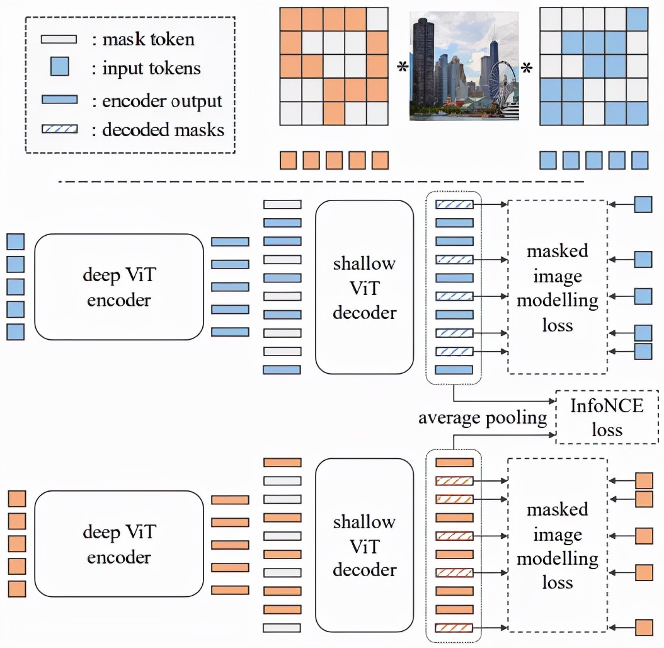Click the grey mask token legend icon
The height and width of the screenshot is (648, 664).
coord(59,40)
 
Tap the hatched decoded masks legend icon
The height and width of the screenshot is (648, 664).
coord(59,129)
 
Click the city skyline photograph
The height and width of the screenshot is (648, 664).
coord(464,66)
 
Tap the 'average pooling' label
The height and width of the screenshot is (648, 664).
coord(483,418)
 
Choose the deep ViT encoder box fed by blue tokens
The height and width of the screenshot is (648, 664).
coord(119,287)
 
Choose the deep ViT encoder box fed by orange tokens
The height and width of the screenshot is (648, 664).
coord(119,544)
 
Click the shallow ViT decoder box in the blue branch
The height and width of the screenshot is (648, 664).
coord(364,287)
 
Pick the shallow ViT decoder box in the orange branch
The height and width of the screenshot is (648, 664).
coord(364,545)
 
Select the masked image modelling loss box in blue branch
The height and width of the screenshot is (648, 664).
coord(557,287)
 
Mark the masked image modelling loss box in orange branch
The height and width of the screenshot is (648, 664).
coord(557,545)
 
